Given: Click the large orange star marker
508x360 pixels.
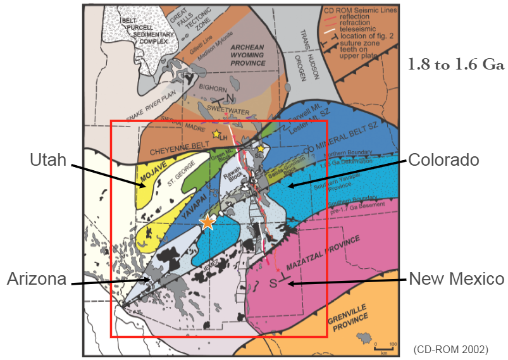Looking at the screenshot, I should coord(207,222).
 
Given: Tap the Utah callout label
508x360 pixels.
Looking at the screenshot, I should coord(47,160).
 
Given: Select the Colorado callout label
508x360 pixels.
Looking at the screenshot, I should coord(443,160).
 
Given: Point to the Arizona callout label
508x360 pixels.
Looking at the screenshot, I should coord(37,279).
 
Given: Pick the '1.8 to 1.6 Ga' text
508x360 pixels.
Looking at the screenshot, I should coord(455,65).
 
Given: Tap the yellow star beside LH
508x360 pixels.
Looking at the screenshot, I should coord(216,134).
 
